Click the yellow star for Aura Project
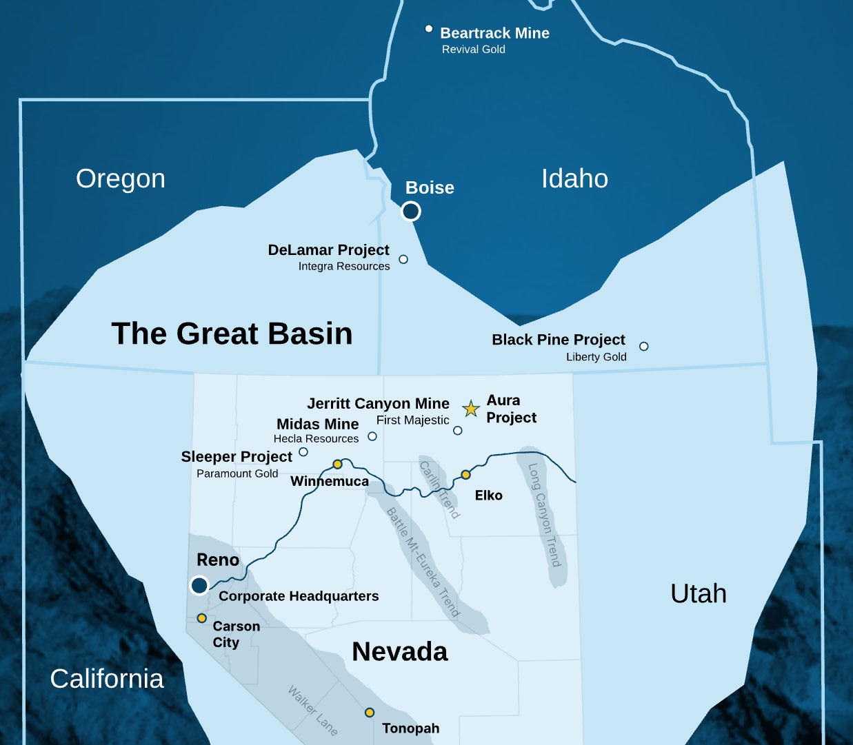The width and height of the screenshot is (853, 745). tap(471, 409)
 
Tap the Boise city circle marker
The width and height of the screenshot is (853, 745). tap(411, 211)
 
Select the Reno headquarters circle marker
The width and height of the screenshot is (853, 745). tap(199, 585)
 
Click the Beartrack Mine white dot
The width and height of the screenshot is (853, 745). tap(429, 29)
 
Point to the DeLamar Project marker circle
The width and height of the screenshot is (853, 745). tap(403, 259)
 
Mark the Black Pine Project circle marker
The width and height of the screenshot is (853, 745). tap(643, 346)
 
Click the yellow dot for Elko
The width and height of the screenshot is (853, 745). tap(465, 475)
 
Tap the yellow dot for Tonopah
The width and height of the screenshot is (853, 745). tap(370, 712)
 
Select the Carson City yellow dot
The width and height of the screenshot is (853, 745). tap(201, 618)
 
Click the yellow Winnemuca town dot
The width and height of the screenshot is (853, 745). tap(337, 465)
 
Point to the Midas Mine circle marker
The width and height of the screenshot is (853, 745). tap(372, 436)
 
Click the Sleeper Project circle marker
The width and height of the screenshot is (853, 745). tap(303, 452)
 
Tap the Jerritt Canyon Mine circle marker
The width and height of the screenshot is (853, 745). tap(458, 431)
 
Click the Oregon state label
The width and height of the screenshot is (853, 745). tap(121, 178)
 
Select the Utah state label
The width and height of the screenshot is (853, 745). tap(699, 593)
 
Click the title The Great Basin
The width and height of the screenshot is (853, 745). tap(232, 334)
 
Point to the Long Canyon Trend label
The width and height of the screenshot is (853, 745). tap(545, 515)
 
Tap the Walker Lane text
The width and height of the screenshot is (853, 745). tap(313, 710)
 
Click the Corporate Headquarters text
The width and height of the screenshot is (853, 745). tap(299, 596)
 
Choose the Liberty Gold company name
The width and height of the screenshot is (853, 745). tap(596, 357)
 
